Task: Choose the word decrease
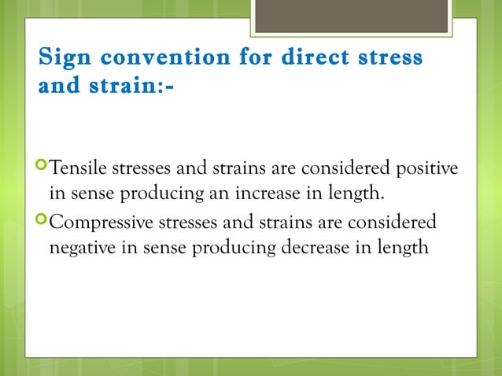[x=319, y=248]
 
